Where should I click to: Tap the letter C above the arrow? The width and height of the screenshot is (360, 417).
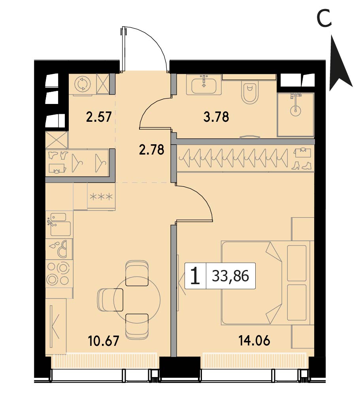[324, 18]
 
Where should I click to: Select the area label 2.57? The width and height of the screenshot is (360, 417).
[99, 117]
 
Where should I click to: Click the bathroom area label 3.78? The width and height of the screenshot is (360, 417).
[216, 117]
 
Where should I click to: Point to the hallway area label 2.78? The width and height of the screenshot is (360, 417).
[152, 150]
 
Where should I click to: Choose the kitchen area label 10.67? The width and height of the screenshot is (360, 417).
[104, 341]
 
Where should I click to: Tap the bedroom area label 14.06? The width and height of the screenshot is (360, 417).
[254, 341]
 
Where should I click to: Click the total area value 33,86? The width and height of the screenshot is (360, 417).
[230, 276]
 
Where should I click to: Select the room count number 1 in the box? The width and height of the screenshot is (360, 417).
[195, 276]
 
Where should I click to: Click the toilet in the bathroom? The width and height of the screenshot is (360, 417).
[250, 93]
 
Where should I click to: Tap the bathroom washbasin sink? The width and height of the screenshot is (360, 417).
[204, 84]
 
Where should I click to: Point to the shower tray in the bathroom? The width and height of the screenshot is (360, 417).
[296, 115]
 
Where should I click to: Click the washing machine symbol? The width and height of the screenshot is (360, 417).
[83, 84]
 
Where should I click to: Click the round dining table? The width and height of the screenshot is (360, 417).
[137, 300]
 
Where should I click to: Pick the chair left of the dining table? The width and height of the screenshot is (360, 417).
[110, 300]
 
